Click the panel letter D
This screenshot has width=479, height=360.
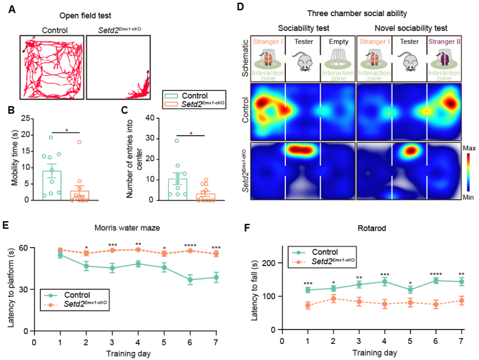241,7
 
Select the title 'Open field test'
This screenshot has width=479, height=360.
85,16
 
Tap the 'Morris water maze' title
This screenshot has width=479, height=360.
127,228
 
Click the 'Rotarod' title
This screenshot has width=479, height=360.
372,228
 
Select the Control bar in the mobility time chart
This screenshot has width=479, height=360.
52,185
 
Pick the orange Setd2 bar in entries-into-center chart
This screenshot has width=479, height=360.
206,197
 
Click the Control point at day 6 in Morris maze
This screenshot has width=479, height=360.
190,279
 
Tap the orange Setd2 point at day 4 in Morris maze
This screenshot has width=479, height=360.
138,250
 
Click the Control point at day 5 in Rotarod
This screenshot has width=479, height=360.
410,290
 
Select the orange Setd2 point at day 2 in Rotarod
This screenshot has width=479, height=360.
333,298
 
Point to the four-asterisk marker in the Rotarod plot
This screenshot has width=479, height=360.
436,274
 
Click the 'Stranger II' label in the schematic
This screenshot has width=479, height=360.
444,41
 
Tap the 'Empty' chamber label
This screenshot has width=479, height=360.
338,41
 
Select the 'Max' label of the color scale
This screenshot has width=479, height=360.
469,148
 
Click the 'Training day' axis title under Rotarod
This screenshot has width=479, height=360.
375,353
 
